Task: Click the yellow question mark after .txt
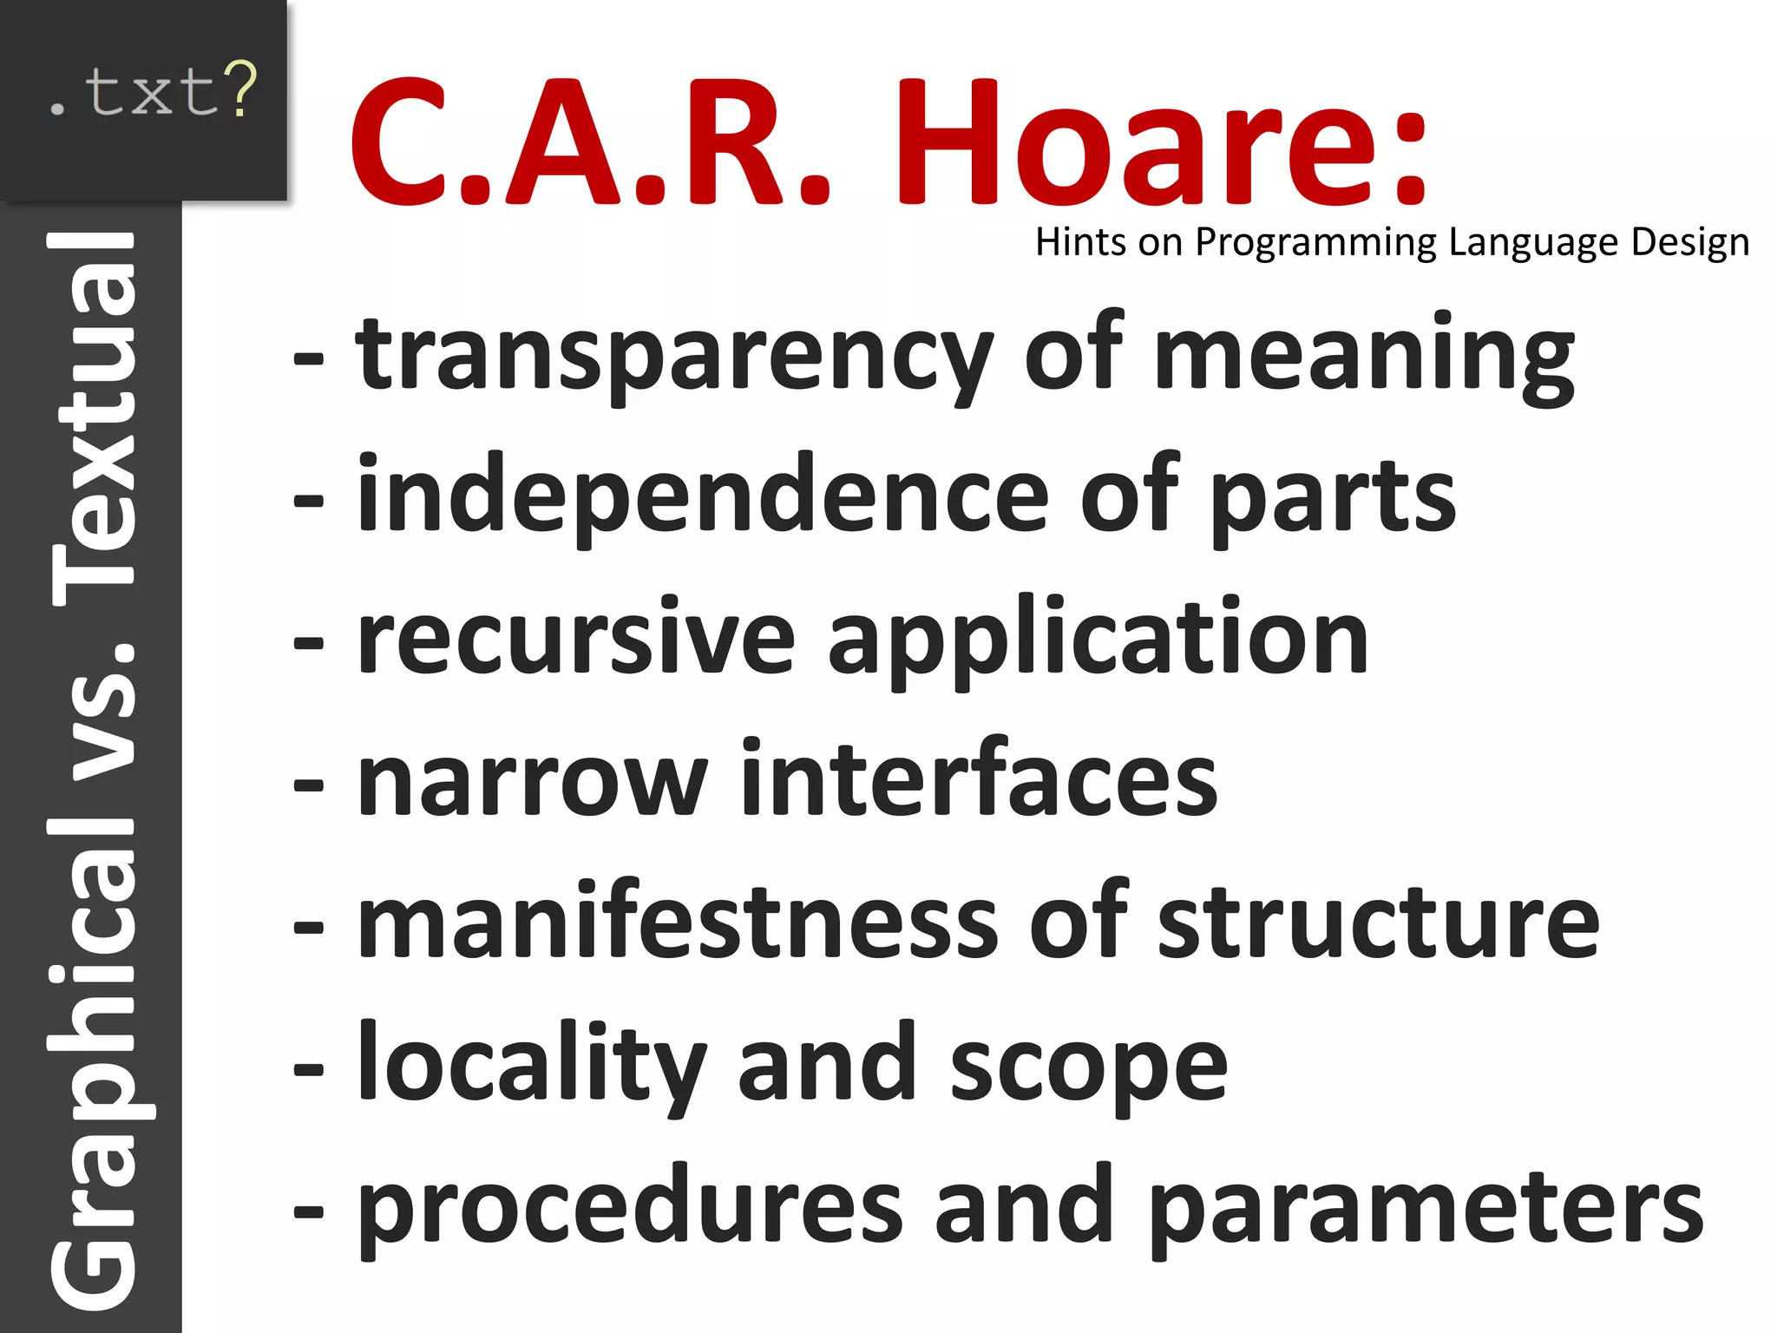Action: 239,89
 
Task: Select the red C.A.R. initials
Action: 590,143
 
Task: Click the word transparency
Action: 673,356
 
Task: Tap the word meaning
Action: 1363,356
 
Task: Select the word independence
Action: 703,496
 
